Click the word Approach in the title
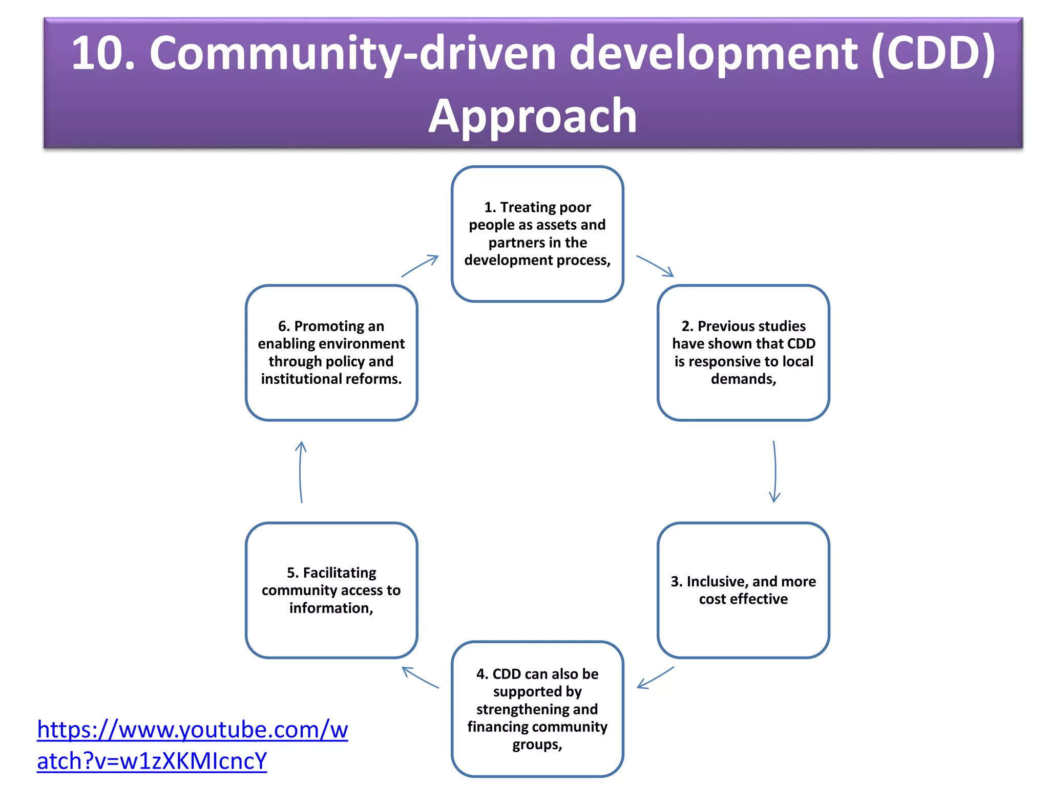532,117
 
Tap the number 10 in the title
102,53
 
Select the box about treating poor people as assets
537,234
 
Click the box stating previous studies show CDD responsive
743,353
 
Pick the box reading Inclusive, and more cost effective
743,590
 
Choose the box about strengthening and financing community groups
537,709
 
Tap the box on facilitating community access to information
331,590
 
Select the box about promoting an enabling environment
331,353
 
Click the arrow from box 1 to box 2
655,266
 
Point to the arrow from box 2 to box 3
775,471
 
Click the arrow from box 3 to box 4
656,678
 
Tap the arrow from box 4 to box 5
420,678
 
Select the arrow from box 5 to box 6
301,471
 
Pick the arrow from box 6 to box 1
420,266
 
